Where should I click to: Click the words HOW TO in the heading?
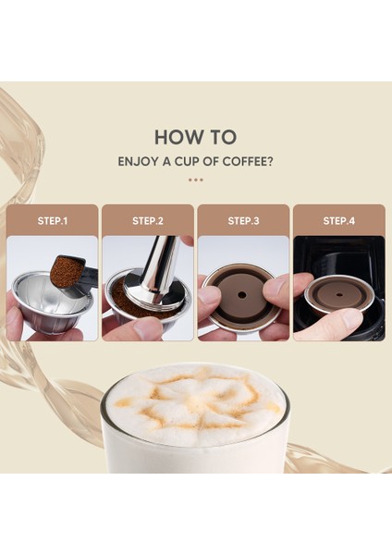click(195, 137)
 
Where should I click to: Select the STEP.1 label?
click(53, 221)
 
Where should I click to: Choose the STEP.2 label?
click(148, 221)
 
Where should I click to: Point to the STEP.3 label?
click(243, 221)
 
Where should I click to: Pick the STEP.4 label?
click(339, 221)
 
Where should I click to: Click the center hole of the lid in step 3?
click(242, 294)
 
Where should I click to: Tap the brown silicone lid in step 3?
click(242, 295)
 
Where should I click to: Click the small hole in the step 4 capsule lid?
click(339, 294)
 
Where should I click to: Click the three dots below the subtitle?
click(196, 179)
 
